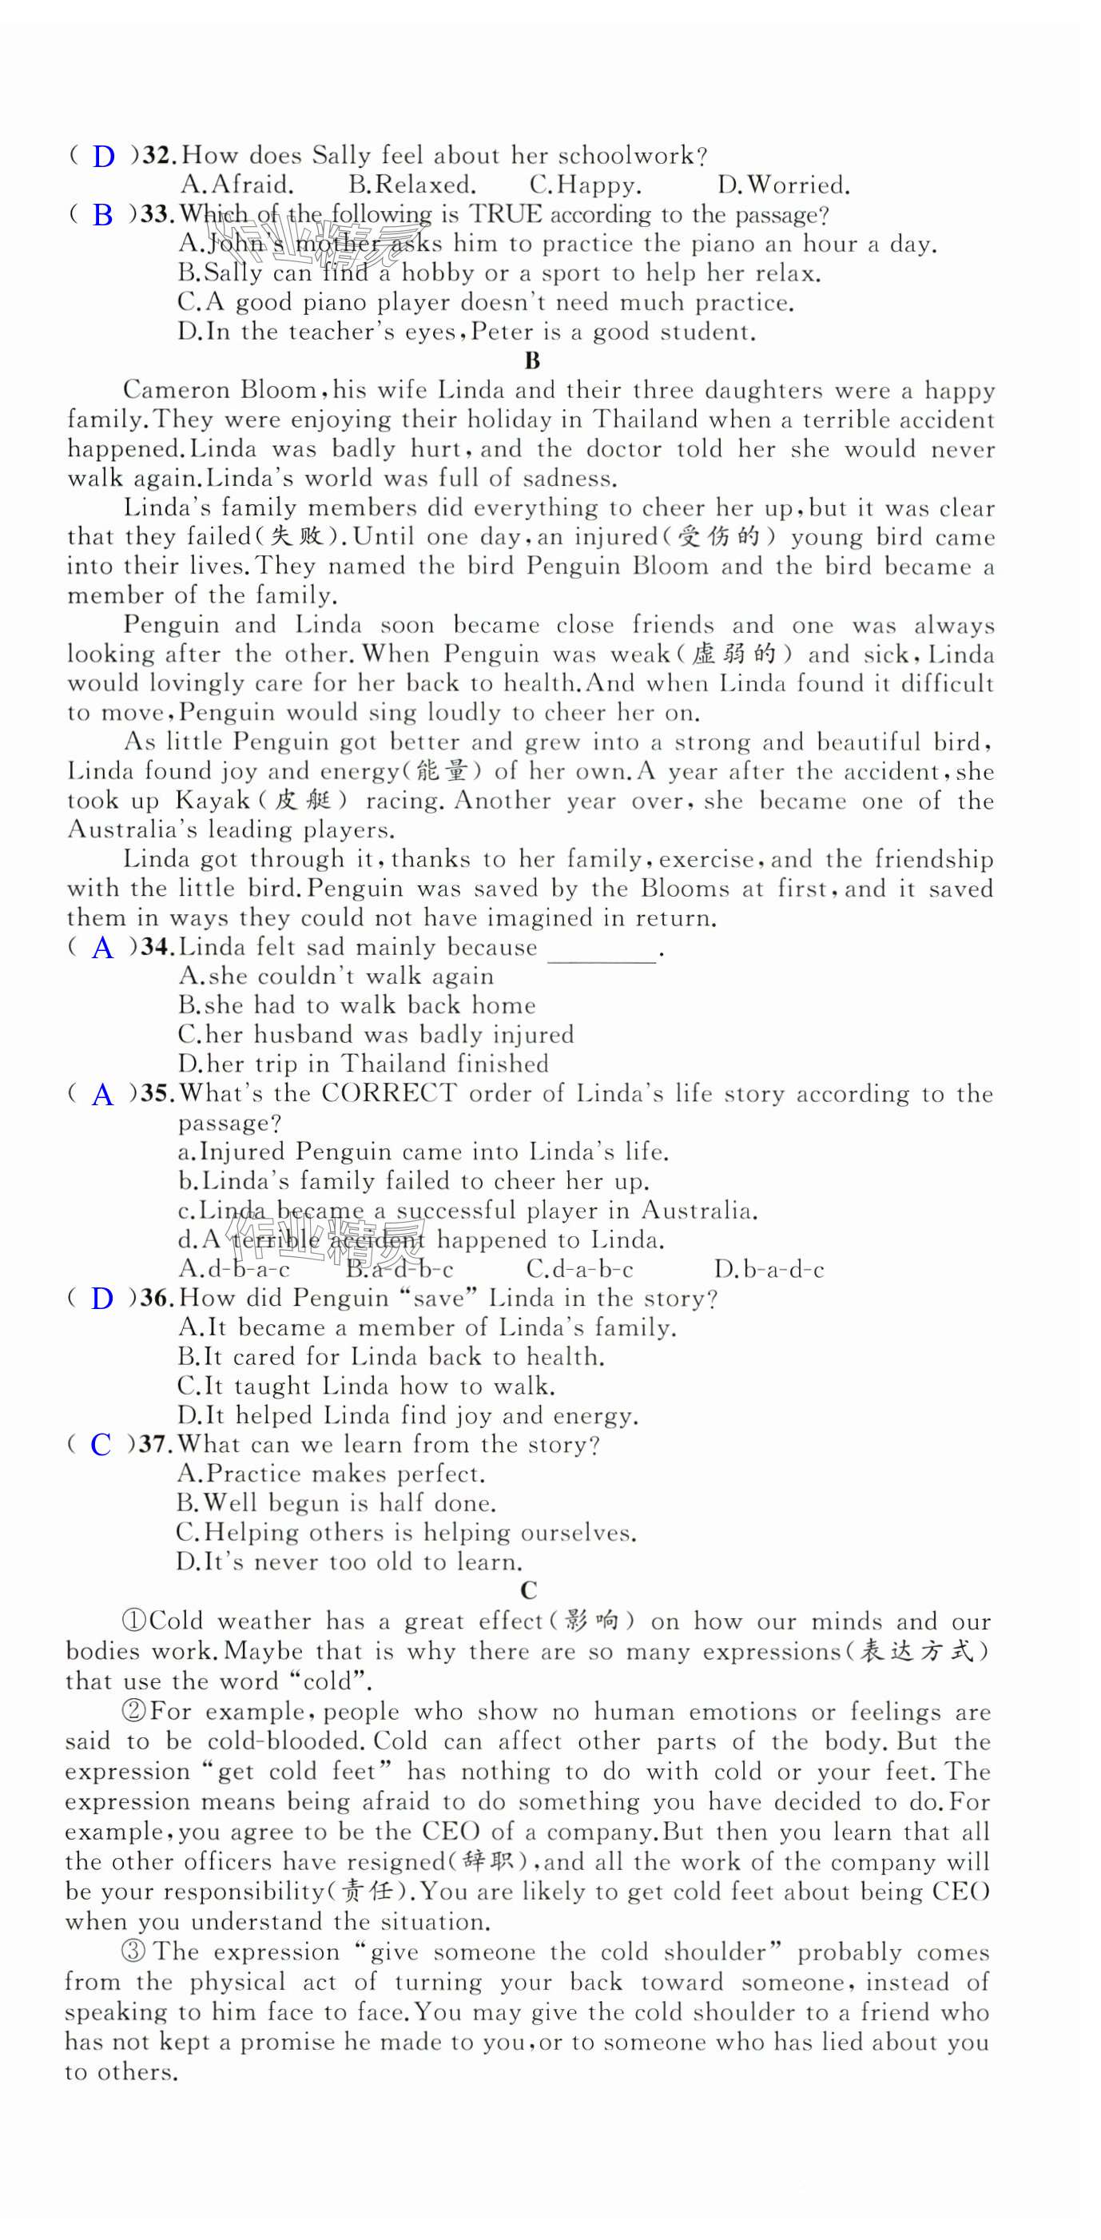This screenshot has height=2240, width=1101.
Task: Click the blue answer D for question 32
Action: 104,157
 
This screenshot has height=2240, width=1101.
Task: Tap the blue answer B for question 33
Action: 102,215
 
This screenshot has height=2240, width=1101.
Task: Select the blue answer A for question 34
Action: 102,948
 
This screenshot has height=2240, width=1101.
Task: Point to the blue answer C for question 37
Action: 101,1445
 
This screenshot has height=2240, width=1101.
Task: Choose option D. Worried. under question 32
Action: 783,185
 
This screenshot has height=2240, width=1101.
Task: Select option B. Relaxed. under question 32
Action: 411,185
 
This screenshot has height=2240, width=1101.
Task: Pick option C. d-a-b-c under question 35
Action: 580,1270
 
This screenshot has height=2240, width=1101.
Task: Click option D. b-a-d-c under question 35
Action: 769,1270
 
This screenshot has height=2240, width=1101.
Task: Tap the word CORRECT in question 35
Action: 389,1093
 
